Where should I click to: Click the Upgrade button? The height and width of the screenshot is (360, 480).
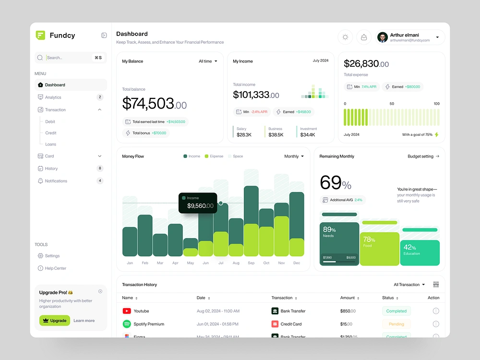pyautogui.click(x=55, y=321)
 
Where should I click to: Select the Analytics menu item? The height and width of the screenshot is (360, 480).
pyautogui.click(x=53, y=97)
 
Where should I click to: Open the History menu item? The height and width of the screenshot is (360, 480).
pyautogui.click(x=51, y=168)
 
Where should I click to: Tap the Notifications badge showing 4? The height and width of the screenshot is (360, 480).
pyautogui.click(x=100, y=181)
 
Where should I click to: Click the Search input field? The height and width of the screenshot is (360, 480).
pyautogui.click(x=67, y=58)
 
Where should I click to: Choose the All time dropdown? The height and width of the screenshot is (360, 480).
pyautogui.click(x=208, y=61)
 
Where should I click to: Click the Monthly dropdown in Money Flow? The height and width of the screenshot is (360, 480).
pyautogui.click(x=294, y=156)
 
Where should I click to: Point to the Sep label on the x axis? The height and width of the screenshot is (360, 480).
pyautogui.click(x=251, y=263)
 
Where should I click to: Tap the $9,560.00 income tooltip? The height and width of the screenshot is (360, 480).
pyautogui.click(x=198, y=203)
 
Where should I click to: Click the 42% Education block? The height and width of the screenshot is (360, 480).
pyautogui.click(x=420, y=252)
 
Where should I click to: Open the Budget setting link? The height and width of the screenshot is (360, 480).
pyautogui.click(x=423, y=156)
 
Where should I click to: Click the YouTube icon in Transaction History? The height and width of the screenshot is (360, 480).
pyautogui.click(x=127, y=311)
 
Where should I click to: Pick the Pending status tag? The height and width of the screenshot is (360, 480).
pyautogui.click(x=396, y=324)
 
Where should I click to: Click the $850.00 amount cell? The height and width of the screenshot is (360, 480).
pyautogui.click(x=348, y=311)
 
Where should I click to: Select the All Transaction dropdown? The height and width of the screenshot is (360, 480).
pyautogui.click(x=409, y=285)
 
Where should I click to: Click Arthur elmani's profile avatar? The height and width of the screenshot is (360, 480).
pyautogui.click(x=383, y=37)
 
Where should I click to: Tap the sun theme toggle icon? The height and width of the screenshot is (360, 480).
pyautogui.click(x=345, y=37)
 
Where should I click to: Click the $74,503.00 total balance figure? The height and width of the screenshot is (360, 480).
pyautogui.click(x=154, y=104)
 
